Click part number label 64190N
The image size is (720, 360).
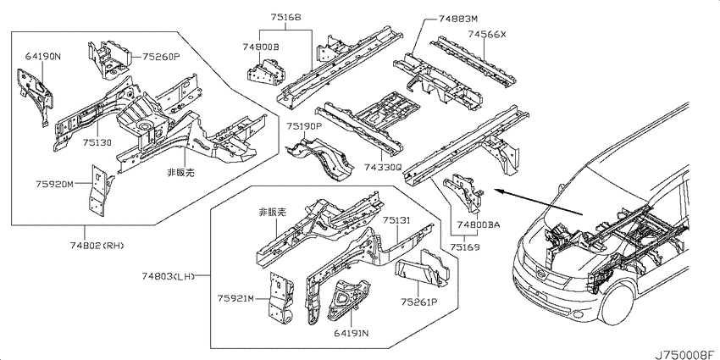pos(42,57)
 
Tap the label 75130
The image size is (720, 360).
pos(97,142)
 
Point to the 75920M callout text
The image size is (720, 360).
pos(55,184)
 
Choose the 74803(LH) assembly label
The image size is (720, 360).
pos(169,276)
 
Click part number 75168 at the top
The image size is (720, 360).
pos(285,18)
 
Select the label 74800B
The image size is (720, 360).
pos(261,47)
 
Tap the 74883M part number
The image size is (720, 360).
pos(457,19)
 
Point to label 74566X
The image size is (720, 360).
pos(487,34)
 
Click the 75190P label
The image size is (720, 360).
pos(305,126)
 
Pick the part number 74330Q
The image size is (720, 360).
pos(383,168)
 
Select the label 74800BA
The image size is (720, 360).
pos(478,224)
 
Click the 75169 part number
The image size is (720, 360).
pos(465,247)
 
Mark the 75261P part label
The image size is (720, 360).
pos(418,302)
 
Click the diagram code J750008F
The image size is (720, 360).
pos(686,354)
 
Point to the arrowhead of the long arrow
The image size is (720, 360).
pos(497,190)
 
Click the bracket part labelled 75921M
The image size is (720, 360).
pos(281,297)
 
